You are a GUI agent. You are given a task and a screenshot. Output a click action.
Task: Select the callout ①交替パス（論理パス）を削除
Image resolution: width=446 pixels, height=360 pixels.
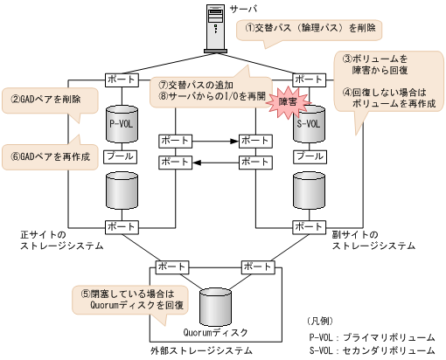[310, 29]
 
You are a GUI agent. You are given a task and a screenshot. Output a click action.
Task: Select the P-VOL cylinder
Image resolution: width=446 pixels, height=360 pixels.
[121, 124]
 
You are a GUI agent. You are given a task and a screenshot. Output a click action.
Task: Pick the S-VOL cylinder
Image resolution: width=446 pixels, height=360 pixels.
[309, 124]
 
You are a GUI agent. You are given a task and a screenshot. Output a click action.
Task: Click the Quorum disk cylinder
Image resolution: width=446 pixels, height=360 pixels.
[218, 307]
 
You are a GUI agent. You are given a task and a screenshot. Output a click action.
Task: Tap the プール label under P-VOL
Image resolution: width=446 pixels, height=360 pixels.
[120, 157]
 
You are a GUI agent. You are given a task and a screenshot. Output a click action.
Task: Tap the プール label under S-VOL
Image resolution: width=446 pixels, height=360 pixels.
[309, 157]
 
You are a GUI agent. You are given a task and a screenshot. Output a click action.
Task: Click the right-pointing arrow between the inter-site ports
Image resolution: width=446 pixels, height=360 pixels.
[215, 141]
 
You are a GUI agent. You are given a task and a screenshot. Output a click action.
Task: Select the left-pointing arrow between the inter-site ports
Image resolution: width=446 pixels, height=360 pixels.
[215, 163]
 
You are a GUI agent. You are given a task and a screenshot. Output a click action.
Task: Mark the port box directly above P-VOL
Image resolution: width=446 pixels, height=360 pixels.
[120, 79]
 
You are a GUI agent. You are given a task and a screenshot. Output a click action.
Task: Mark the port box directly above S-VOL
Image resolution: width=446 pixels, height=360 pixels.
[309, 79]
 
